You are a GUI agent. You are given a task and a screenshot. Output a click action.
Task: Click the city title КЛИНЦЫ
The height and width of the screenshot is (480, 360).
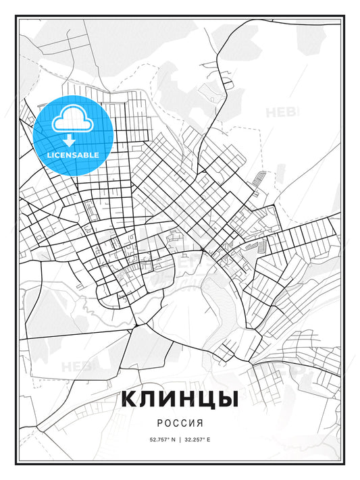coord(180,399)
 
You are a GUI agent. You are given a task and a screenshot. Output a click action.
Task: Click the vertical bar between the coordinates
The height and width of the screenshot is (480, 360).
coord(180,439)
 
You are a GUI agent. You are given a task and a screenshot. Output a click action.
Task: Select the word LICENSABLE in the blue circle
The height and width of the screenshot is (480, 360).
coord(73,155)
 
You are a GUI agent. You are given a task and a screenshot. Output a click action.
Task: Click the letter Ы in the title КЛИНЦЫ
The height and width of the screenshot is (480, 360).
coord(226,399)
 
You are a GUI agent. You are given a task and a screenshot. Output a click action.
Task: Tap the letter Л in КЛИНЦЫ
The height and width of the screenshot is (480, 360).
coord(149,399)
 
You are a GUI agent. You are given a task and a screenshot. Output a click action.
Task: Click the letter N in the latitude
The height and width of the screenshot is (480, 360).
coord(174,439)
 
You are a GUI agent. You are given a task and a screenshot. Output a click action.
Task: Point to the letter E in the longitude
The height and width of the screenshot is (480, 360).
coord(208,439)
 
